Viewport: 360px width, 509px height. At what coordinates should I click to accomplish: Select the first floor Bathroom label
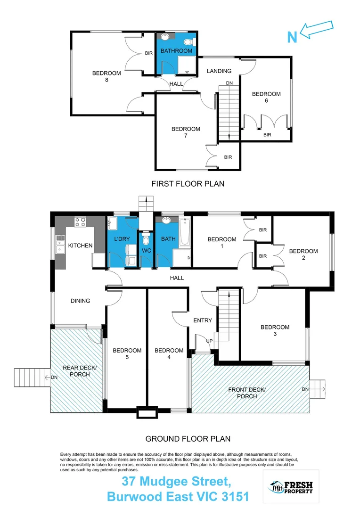pyautogui.click(x=176, y=50)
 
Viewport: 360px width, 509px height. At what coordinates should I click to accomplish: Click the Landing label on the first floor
pyautogui.click(x=219, y=71)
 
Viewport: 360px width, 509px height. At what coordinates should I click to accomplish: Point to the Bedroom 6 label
pyautogui.click(x=266, y=97)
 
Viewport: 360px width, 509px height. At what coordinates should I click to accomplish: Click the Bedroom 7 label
pyautogui.click(x=186, y=132)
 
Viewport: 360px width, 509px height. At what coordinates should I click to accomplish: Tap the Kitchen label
pyautogui.click(x=80, y=246)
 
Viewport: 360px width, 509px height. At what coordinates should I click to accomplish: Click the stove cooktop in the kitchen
pyautogui.click(x=80, y=222)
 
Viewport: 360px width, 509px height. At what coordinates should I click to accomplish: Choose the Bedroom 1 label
pyautogui.click(x=222, y=243)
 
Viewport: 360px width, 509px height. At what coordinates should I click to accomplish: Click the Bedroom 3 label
pyautogui.click(x=275, y=330)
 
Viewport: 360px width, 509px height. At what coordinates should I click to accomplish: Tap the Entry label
pyautogui.click(x=203, y=320)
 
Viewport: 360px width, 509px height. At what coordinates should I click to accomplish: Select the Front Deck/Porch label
pyautogui.click(x=247, y=393)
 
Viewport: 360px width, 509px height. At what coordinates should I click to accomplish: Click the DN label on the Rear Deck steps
pyautogui.click(x=53, y=377)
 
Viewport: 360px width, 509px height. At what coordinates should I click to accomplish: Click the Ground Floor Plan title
pyautogui.click(x=188, y=439)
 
